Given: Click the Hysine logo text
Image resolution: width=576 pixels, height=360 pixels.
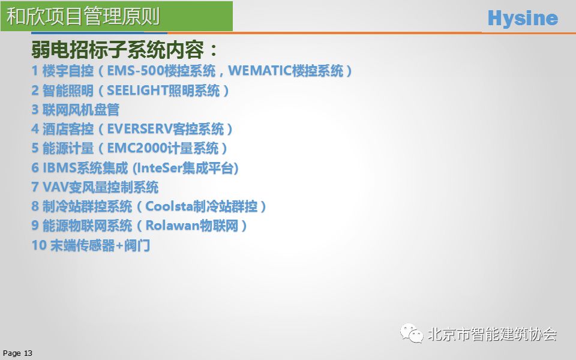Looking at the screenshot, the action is coord(523,19).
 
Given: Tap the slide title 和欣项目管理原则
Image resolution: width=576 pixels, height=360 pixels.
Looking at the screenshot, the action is coord(83,16).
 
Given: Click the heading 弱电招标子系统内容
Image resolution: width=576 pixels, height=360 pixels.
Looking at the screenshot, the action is coord(118,50).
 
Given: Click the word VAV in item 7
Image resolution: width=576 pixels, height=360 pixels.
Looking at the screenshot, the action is coord(55,187).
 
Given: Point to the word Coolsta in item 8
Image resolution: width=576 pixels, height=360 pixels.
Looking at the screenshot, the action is coord(169,206).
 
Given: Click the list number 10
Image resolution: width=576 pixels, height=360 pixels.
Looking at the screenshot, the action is coord(39,245).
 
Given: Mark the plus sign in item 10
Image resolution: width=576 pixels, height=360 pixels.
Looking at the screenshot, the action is coord(119,245).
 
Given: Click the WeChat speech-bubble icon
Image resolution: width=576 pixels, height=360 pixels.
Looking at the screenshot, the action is coord(412,333).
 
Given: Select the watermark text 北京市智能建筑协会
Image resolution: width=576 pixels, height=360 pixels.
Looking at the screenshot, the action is coord(492,334).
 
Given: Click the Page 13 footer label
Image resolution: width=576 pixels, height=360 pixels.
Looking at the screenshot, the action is coord(17,353).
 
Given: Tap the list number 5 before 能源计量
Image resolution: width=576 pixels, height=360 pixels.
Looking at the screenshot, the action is coord(35,148).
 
